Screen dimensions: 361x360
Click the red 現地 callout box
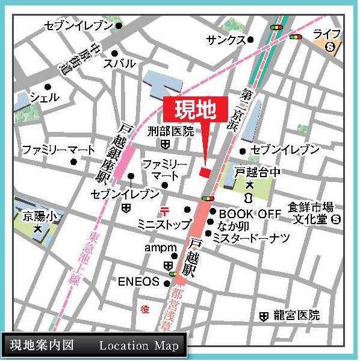pos(195,110)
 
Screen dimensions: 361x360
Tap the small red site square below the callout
pos(205,172)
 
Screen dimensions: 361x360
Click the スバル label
pos(119,63)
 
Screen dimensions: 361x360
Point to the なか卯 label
pos(231,226)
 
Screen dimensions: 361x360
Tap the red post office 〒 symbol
pos(164,210)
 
